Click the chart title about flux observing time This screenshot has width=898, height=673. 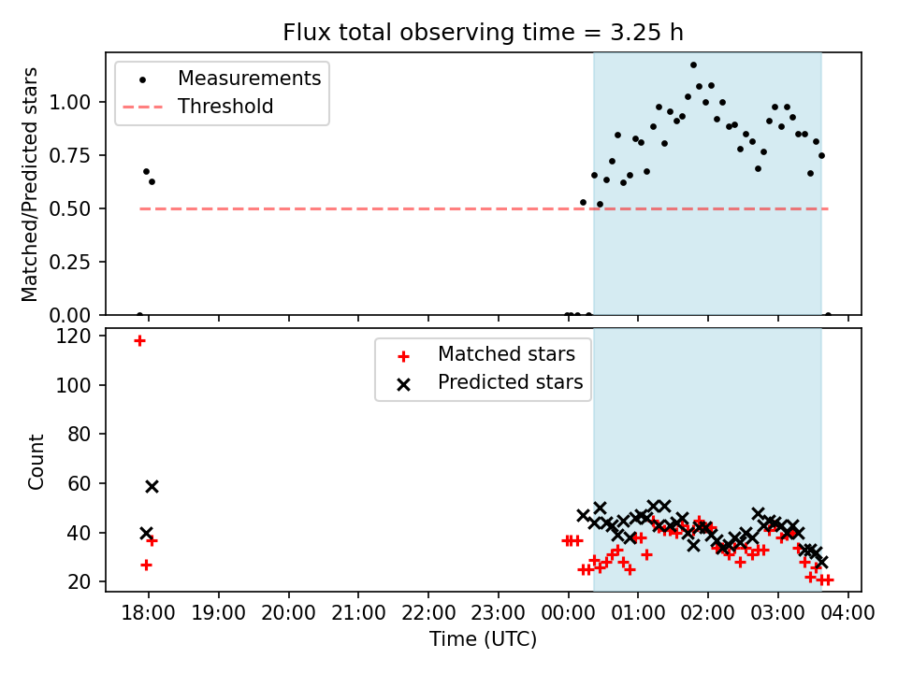tap(483, 32)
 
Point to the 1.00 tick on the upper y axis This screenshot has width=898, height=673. tap(70, 103)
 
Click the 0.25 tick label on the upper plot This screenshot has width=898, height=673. tap(70, 262)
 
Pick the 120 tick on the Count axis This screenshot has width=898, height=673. tap(73, 336)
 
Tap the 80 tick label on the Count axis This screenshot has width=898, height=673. tap(79, 435)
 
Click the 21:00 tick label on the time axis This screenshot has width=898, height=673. tap(358, 613)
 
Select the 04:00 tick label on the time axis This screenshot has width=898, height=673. tap(847, 613)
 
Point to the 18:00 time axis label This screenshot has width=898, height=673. tap(149, 613)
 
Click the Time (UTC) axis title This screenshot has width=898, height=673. tap(483, 638)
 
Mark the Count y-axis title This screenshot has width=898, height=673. tap(36, 461)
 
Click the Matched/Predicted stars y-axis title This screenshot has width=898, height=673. tap(29, 184)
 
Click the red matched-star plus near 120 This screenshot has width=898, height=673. tap(139, 341)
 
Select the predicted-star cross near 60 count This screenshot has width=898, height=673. tap(152, 486)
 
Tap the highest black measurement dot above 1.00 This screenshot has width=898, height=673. tap(693, 65)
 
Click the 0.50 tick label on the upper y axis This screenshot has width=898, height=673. tap(70, 208)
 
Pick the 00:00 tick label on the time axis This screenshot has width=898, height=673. tap(568, 613)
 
